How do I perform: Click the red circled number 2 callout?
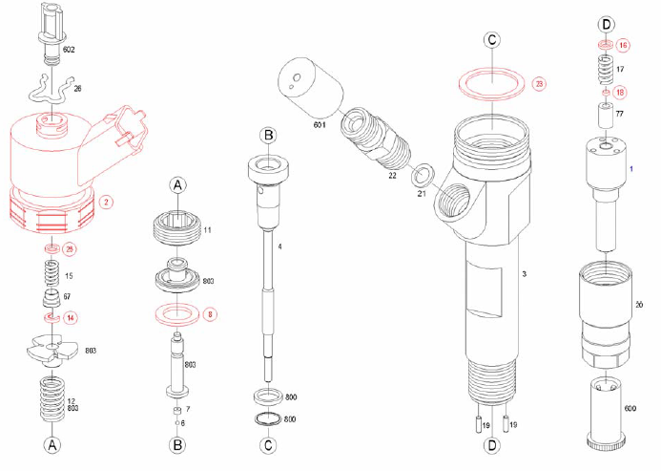107,202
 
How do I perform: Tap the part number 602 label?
69,49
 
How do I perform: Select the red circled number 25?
70,249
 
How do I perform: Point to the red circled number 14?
70,316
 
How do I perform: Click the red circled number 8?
211,311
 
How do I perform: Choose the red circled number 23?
540,84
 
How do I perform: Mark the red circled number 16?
623,45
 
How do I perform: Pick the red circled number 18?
621,93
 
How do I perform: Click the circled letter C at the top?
490,40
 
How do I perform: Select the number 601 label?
320,124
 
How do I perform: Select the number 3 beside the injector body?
524,274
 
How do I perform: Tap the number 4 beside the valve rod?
279,247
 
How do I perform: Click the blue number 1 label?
631,168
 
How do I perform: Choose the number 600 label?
630,408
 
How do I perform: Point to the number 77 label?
620,114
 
